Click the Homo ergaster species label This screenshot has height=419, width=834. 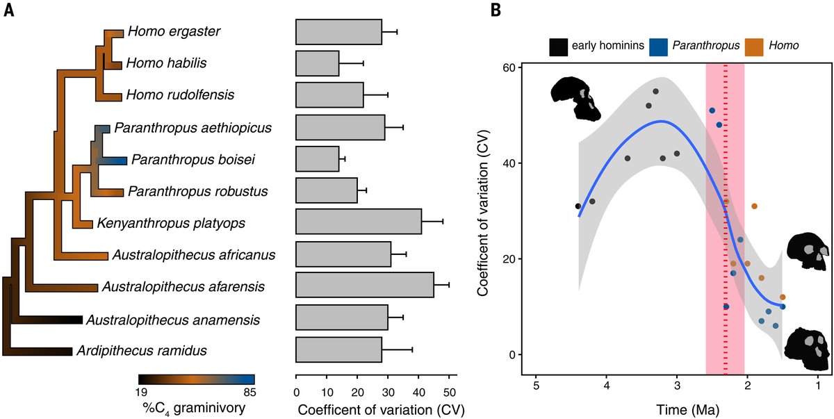163,31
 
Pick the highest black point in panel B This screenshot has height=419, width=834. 655,92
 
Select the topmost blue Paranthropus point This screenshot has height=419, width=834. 712,110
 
